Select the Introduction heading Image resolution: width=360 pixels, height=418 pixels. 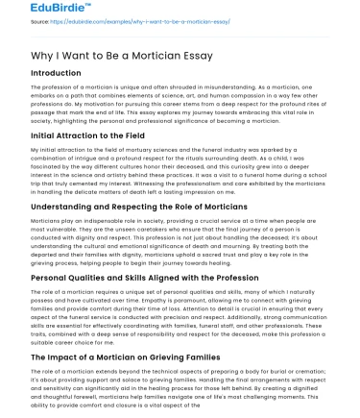57,73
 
